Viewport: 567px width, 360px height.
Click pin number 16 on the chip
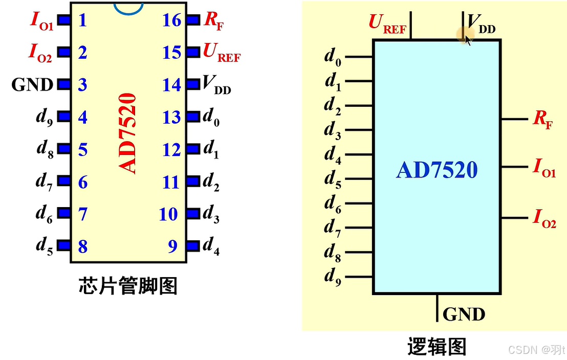pyautogui.click(x=171, y=20)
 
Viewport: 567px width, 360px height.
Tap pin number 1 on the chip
pyautogui.click(x=82, y=20)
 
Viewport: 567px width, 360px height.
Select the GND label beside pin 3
pyautogui.click(x=32, y=85)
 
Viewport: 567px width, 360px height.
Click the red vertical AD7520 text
pyautogui.click(x=128, y=133)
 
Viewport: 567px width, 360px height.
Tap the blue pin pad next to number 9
pyautogui.click(x=192, y=246)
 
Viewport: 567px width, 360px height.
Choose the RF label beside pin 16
pyautogui.click(x=214, y=21)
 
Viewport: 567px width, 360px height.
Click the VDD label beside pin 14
pyautogui.click(x=216, y=85)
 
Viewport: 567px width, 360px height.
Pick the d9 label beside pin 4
pyautogui.click(x=44, y=118)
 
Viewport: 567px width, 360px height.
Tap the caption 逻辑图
pyautogui.click(x=437, y=346)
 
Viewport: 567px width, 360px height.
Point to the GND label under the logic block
pyautogui.click(x=464, y=313)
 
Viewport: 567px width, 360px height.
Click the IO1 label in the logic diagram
pyautogui.click(x=544, y=167)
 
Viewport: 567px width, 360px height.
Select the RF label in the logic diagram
pyautogui.click(x=542, y=120)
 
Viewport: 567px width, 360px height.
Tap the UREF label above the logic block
pyautogui.click(x=387, y=24)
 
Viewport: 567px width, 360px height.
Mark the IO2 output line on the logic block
pyautogui.click(x=514, y=218)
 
